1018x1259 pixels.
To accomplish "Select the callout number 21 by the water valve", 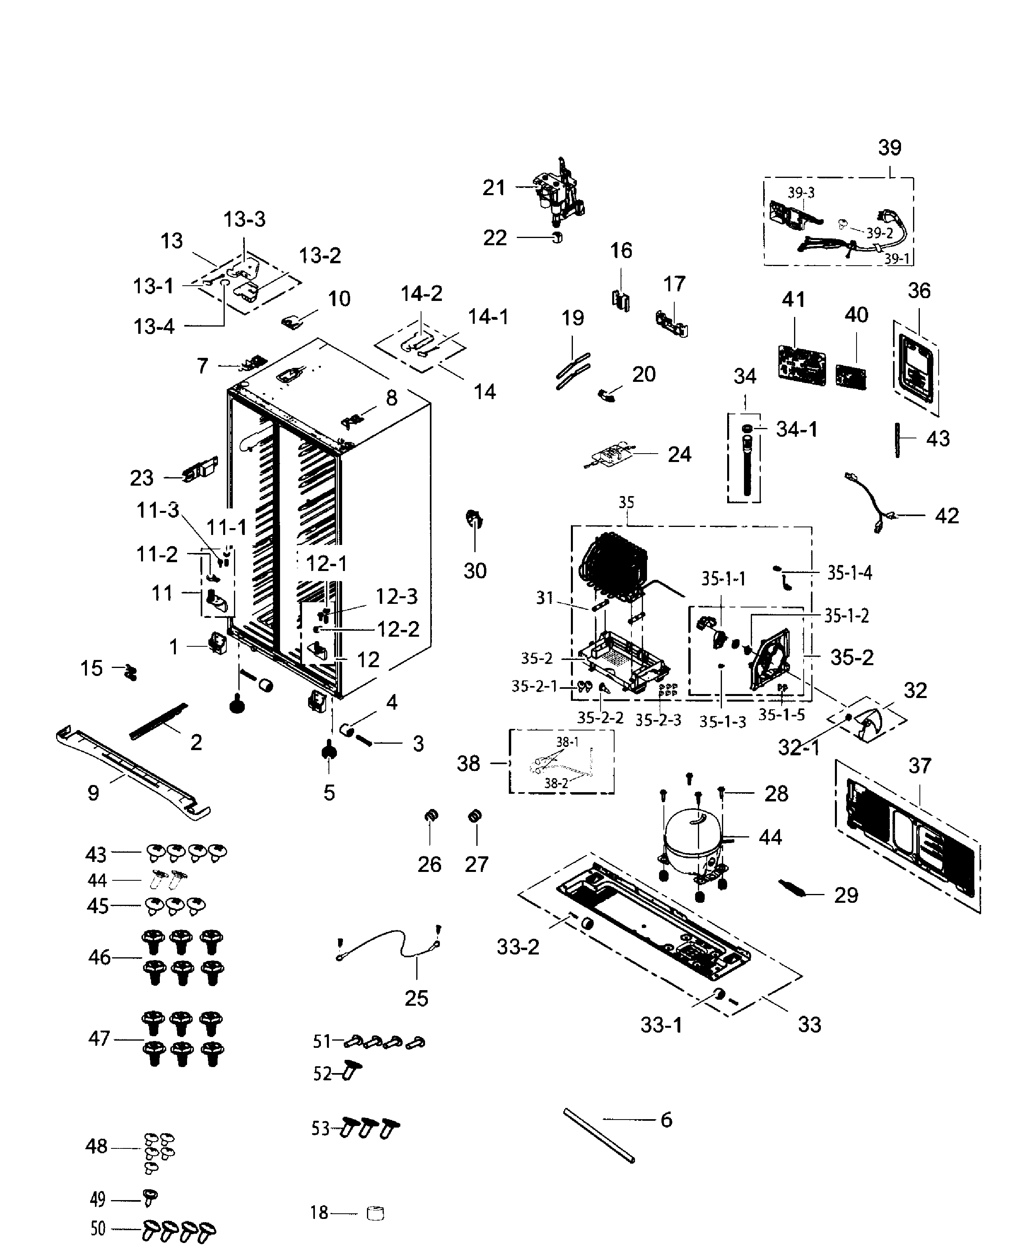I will pos(494,188).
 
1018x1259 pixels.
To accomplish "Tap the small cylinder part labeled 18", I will pos(375,1213).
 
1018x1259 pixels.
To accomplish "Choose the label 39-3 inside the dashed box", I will pos(800,193).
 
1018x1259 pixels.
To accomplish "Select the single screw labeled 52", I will pos(351,1071).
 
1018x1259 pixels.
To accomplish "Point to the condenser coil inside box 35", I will pos(613,566).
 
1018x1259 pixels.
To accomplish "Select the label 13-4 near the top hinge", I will pos(153,327).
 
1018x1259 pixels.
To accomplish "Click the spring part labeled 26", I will pos(431,816).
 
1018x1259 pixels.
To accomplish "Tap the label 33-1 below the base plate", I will pos(661,1025).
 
